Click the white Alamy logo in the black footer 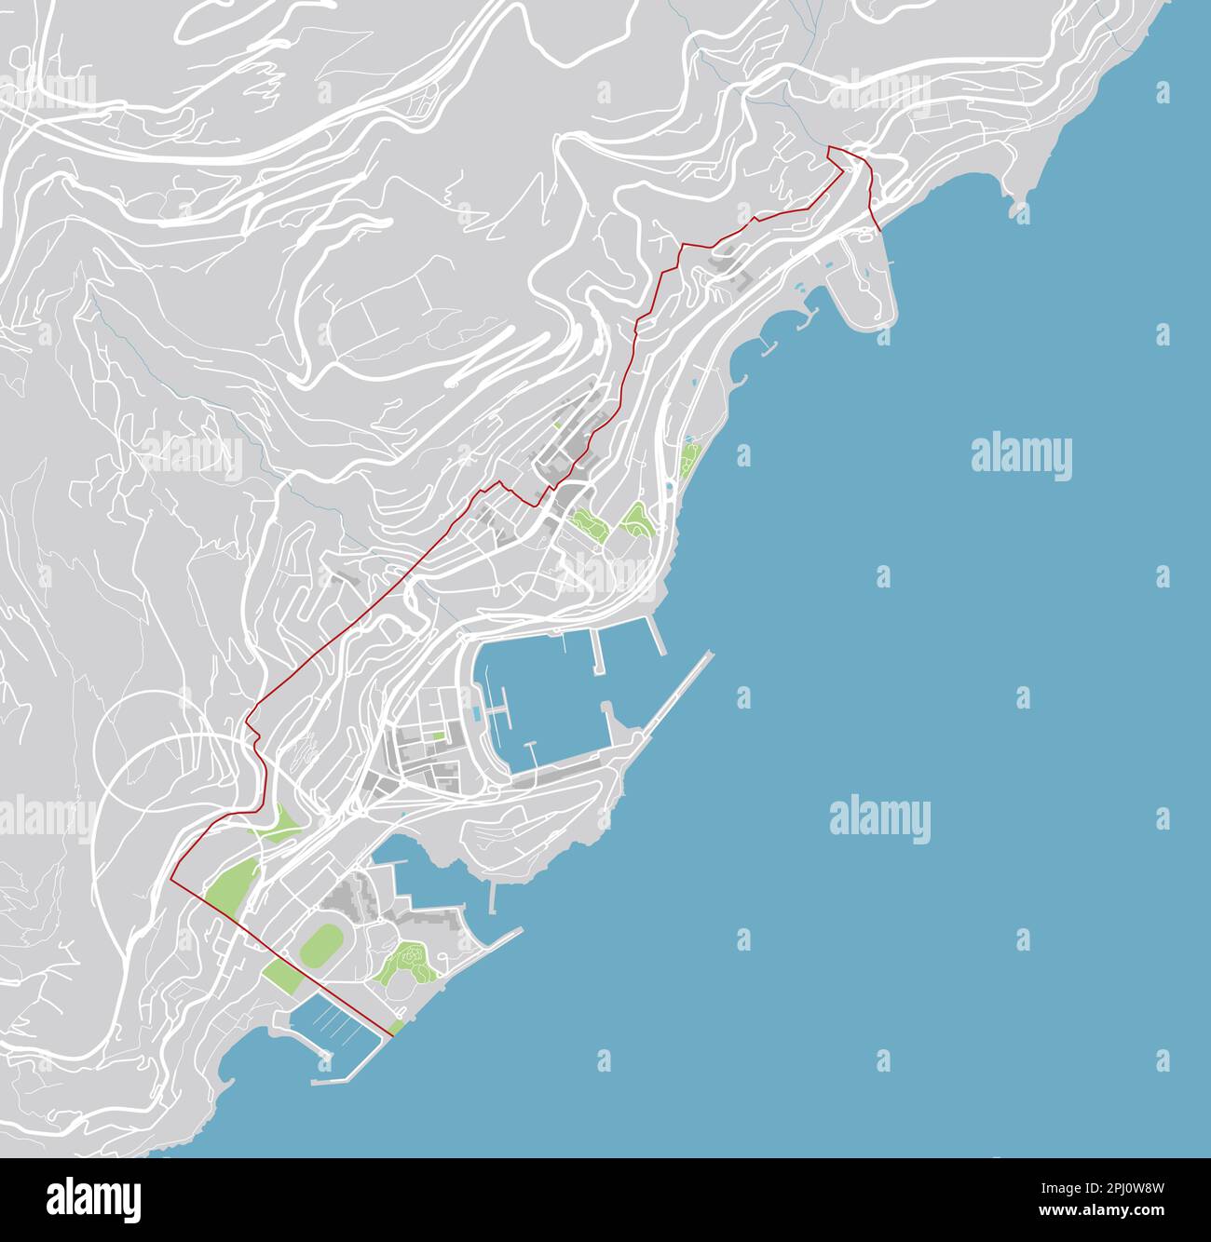pos(93,1199)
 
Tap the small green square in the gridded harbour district pos(438,735)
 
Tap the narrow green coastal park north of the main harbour pos(688,461)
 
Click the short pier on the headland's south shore pos(494,897)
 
